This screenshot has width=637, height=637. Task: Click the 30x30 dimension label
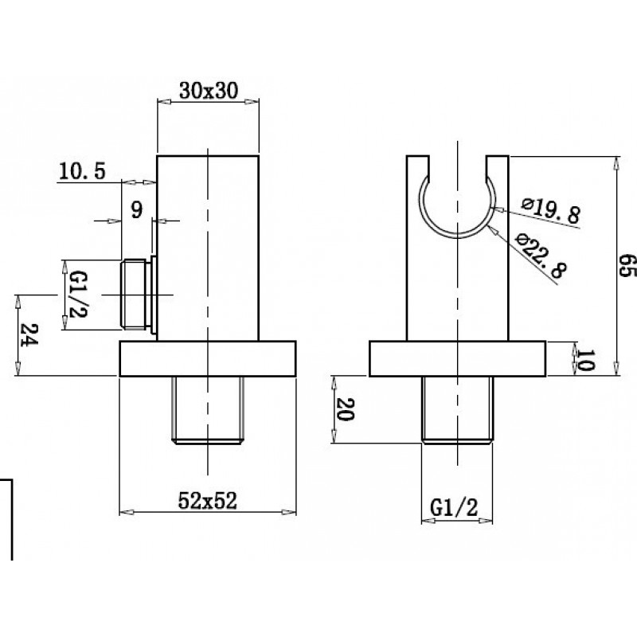pyautogui.click(x=209, y=91)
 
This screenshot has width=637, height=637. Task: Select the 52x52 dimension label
pyautogui.click(x=208, y=501)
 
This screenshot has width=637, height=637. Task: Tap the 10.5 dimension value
pyautogui.click(x=82, y=171)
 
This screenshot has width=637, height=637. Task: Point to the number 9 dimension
pyautogui.click(x=137, y=210)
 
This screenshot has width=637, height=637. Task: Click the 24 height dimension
pyautogui.click(x=29, y=334)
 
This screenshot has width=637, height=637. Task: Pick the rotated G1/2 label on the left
pyautogui.click(x=78, y=295)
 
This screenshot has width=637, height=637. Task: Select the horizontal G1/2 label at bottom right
pyautogui.click(x=454, y=507)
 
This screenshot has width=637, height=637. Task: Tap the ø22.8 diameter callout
pyautogui.click(x=541, y=255)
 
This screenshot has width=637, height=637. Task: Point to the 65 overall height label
pyautogui.click(x=627, y=266)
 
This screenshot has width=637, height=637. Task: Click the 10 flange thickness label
pyautogui.click(x=585, y=360)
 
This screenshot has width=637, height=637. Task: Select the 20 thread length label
pyautogui.click(x=346, y=409)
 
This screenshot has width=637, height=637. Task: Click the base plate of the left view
pyautogui.click(x=208, y=359)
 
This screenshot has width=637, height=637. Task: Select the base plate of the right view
pyautogui.click(x=457, y=359)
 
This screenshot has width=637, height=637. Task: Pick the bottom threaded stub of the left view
pyautogui.click(x=208, y=410)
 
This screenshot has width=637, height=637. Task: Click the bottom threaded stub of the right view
pyautogui.click(x=457, y=410)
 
